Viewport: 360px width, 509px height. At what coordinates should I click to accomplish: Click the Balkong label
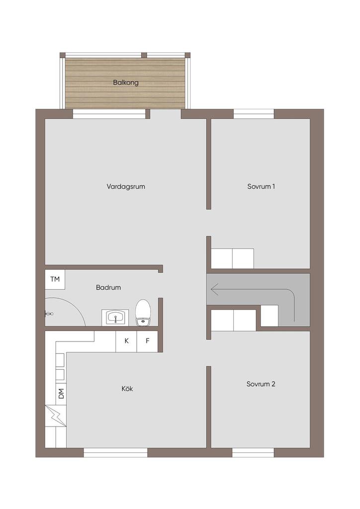126,83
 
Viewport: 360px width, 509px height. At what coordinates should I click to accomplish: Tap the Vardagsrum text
126,186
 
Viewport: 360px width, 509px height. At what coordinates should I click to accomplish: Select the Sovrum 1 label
261,186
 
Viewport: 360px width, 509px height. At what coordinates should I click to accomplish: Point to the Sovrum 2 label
261,384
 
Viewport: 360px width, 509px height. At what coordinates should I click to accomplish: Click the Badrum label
108,287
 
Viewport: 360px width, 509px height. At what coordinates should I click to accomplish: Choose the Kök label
127,389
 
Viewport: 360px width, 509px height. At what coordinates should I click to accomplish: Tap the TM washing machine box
55,279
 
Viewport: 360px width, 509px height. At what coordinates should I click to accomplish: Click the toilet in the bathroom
143,312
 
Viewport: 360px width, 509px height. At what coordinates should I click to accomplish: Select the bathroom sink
115,317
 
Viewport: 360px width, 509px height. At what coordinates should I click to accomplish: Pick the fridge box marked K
126,341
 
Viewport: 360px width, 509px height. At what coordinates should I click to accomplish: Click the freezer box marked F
147,341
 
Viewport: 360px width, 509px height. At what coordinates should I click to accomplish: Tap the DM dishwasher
61,394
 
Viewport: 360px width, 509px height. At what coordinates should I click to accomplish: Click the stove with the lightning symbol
56,416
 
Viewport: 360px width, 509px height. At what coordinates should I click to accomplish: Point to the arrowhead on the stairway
215,289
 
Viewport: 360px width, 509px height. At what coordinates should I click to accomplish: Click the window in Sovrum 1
254,114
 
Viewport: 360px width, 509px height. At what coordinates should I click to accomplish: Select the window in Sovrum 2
253,452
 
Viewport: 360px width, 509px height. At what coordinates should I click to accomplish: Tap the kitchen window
115,452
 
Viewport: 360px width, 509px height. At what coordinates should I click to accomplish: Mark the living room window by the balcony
109,114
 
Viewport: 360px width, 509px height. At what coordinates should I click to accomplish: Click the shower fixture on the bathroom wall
49,314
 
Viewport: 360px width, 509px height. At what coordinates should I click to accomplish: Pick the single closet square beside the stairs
270,316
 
